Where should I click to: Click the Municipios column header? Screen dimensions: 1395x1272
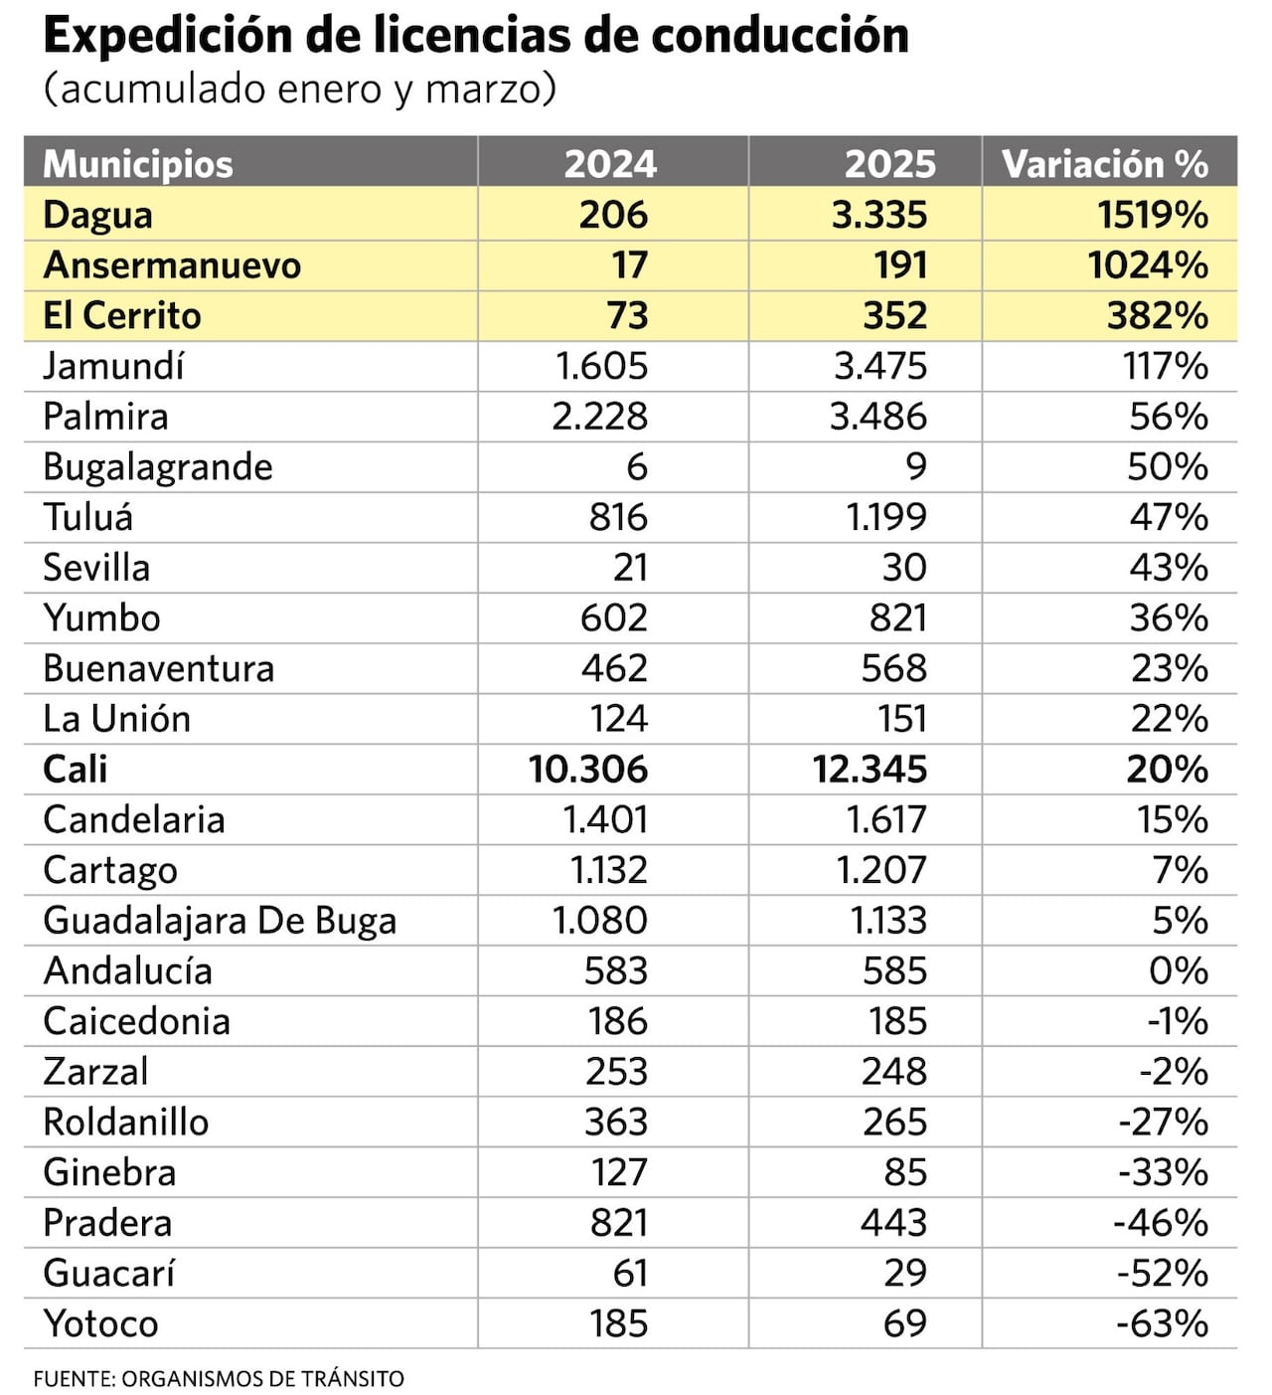pyautogui.click(x=138, y=164)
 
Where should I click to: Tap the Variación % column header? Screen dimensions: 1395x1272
pyautogui.click(x=1104, y=164)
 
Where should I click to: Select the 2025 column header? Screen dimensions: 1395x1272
pyautogui.click(x=889, y=164)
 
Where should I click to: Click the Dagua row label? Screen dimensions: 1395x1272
pyautogui.click(x=97, y=215)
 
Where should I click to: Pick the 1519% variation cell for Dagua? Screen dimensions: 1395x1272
pyautogui.click(x=1153, y=215)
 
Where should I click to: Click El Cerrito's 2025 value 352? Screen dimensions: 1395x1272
pyautogui.click(x=894, y=316)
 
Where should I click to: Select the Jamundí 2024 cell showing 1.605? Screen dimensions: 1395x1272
pyautogui.click(x=601, y=366)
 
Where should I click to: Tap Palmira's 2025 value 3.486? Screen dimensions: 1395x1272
pyautogui.click(x=878, y=417)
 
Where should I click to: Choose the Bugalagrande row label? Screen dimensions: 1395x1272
pyautogui.click(x=158, y=467)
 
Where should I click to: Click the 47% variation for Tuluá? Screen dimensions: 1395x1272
pyautogui.click(x=1169, y=517)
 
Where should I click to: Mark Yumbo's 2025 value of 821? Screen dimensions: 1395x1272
pyautogui.click(x=897, y=618)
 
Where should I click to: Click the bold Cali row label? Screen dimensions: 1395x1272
pyautogui.click(x=76, y=770)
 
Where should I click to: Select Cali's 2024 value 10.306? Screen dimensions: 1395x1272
pyautogui.click(x=587, y=770)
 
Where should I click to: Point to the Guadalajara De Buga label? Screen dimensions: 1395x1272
pyautogui.click(x=220, y=921)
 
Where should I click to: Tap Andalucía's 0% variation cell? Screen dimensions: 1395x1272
pyautogui.click(x=1179, y=970)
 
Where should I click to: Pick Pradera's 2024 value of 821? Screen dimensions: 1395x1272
pyautogui.click(x=618, y=1223)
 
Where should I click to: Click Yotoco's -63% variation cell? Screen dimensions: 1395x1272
pyautogui.click(x=1162, y=1323)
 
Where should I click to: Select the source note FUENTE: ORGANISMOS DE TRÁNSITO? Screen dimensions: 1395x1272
pyautogui.click(x=219, y=1379)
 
